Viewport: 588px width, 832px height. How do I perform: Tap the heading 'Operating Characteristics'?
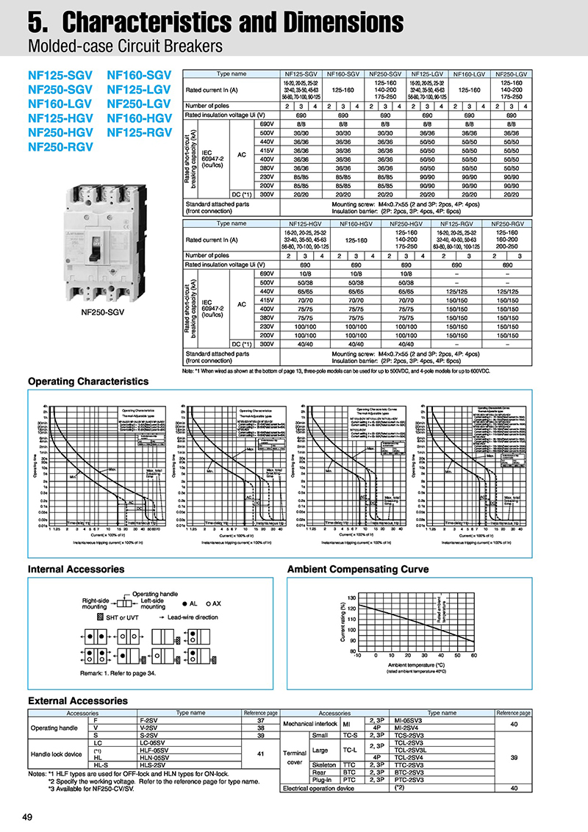click(88, 381)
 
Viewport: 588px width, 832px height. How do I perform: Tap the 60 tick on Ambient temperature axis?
click(473, 656)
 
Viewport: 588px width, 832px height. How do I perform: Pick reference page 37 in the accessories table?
click(260, 720)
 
